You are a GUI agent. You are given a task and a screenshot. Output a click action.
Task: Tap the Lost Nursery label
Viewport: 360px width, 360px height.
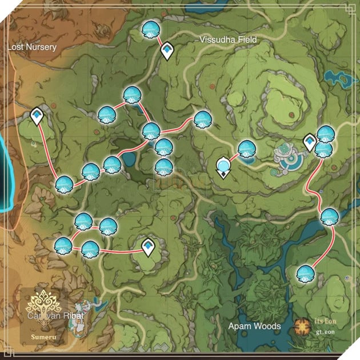33,47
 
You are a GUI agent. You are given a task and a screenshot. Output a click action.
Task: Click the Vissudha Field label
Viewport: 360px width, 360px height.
229,39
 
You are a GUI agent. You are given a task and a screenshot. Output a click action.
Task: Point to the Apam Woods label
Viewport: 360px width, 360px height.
254,326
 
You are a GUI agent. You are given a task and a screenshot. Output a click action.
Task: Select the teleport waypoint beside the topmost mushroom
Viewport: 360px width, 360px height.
167,50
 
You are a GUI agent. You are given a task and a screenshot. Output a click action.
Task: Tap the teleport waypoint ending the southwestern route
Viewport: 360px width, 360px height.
149,247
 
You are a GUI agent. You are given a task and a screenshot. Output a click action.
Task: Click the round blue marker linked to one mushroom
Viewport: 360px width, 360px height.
223,167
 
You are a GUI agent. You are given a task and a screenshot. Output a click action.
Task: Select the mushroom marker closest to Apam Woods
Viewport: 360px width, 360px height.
306,274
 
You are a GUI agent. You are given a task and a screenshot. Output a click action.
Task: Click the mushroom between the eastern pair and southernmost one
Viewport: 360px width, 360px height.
330,217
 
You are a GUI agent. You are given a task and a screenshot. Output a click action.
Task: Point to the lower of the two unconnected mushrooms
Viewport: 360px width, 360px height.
164,167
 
